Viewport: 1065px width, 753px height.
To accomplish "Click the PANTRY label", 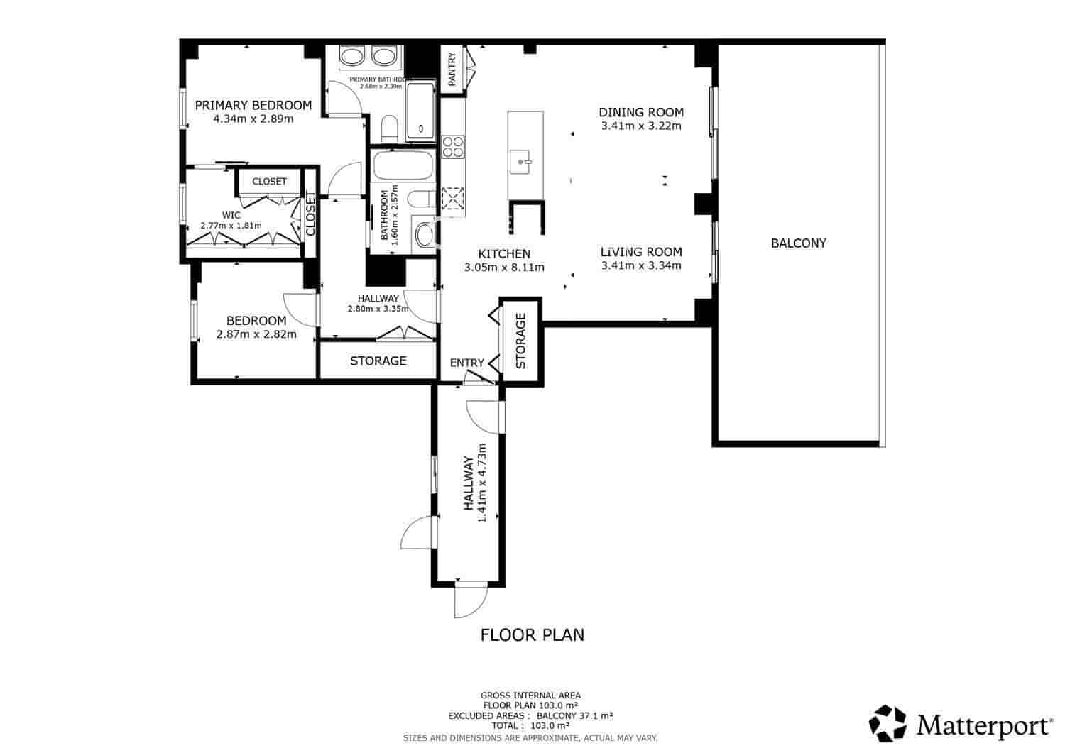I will [452, 69].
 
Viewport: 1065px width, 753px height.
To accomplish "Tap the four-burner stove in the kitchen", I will [453, 147].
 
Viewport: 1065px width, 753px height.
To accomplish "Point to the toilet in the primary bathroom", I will [389, 128].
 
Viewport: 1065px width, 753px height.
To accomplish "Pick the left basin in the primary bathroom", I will [351, 57].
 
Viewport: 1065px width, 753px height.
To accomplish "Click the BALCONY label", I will [798, 243].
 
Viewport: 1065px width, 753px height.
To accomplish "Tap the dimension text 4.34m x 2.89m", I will [253, 119].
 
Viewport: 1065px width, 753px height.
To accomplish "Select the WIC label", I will [231, 215].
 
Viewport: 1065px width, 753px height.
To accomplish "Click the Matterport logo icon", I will [888, 723].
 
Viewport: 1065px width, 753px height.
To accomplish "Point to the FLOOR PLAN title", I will [532, 634].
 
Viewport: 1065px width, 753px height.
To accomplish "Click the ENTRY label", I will [466, 363].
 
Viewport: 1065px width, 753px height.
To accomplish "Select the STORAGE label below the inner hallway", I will [378, 361].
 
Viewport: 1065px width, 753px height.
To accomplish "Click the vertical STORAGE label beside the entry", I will [521, 341].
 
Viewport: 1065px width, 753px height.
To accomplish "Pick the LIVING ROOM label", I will [640, 252].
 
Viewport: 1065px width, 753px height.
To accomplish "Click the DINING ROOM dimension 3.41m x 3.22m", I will [640, 126].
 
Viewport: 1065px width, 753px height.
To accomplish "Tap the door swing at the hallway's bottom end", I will [469, 601].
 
